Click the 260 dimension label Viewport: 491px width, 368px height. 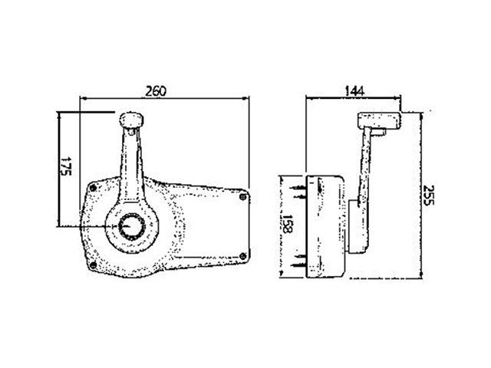tap(157, 91)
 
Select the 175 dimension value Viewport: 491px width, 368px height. tap(66, 166)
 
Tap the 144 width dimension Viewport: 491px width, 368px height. tap(354, 91)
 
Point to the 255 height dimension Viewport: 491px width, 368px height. tap(428, 195)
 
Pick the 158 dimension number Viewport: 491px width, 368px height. tap(288, 224)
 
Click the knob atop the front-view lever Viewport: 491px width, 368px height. tap(131, 120)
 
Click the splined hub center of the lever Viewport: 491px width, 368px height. tap(132, 226)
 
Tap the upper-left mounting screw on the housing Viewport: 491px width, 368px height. tap(93, 188)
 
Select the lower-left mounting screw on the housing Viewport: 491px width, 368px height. tap(93, 265)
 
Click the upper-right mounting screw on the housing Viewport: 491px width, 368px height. tap(242, 197)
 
